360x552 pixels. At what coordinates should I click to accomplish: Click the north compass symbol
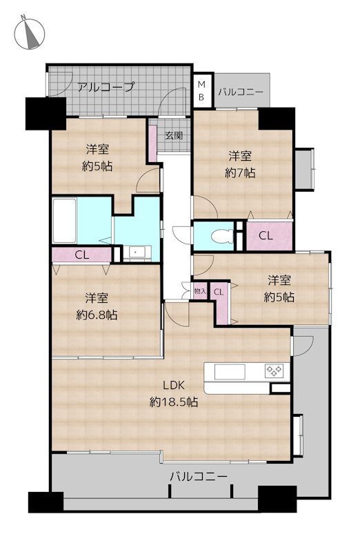pos(29,32)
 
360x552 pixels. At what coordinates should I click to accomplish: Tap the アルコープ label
pos(106,87)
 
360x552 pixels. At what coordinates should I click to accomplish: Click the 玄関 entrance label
pos(174,135)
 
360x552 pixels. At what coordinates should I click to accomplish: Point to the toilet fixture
pos(221,235)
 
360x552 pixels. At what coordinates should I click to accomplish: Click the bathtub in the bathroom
pos(64,220)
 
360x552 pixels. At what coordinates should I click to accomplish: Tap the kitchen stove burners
pos(274,371)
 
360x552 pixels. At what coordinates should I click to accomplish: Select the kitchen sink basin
pos(230,371)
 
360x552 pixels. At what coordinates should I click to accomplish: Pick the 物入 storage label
pos(200,291)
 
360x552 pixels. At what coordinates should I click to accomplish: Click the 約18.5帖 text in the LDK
pos(174,402)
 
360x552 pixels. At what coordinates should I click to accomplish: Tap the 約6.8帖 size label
pos(97,315)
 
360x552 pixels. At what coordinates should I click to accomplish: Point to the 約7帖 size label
pos(241,172)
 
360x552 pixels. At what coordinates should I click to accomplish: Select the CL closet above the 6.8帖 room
pos(81,255)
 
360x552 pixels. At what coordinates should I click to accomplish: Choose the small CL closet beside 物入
pos(219,295)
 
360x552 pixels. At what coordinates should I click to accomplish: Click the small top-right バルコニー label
pos(241,92)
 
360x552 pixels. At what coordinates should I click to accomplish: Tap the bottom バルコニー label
pos(199,477)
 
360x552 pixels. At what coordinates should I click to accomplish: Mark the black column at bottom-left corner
pos(46,502)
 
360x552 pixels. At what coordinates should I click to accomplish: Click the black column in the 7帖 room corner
pos(277,119)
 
